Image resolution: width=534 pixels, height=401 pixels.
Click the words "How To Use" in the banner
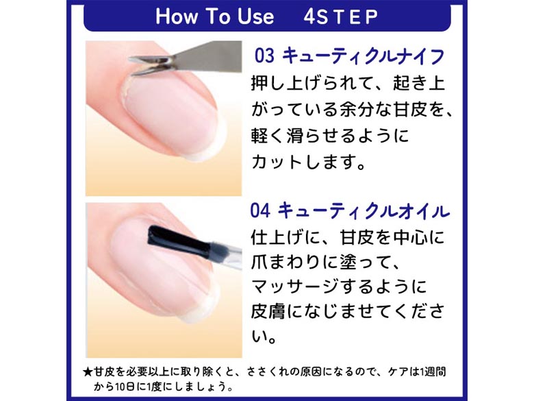tap(214, 16)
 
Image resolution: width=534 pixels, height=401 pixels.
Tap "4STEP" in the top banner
tap(340, 16)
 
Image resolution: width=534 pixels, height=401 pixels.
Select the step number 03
tap(264, 56)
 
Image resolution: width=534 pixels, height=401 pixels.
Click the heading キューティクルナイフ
tap(363, 56)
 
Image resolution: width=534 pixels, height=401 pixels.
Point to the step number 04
tap(260, 210)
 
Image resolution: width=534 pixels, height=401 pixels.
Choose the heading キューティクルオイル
tap(364, 210)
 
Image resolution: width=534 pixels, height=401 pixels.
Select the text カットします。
tap(309, 162)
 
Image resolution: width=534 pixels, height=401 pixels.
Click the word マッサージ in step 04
tap(295, 287)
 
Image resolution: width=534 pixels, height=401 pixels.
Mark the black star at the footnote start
tap(88, 372)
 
